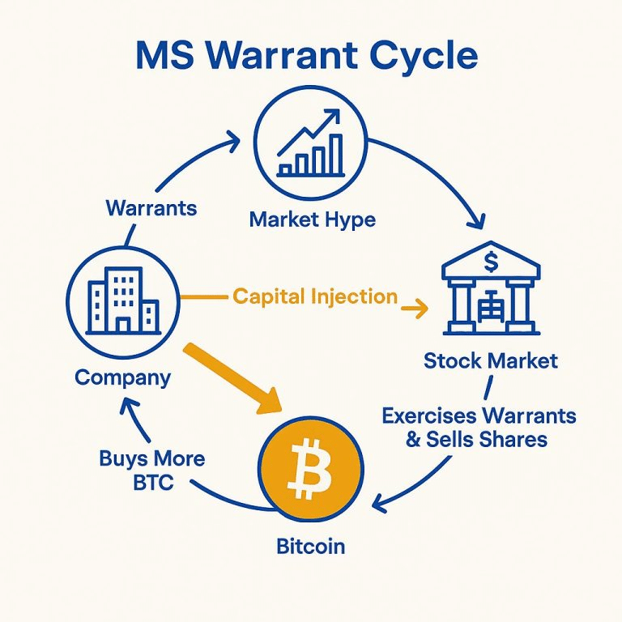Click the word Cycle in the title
(424, 57)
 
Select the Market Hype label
(312, 220)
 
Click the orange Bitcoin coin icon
(311, 470)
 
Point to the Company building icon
(123, 300)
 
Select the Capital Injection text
(315, 296)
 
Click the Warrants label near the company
(151, 208)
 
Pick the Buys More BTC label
(152, 471)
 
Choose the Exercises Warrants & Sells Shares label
(479, 428)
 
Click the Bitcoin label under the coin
(311, 546)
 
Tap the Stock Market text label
(491, 360)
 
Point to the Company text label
(123, 377)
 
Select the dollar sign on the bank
(491, 262)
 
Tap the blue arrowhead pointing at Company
(130, 407)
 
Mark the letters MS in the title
(165, 55)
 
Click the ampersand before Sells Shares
(413, 440)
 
